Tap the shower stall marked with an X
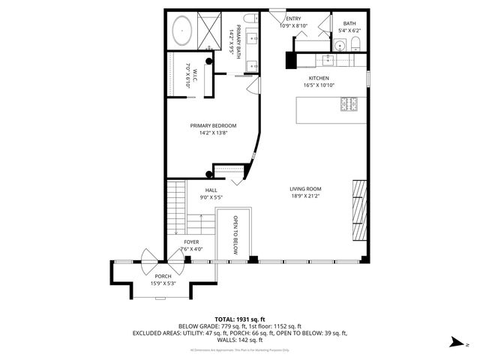pyautogui.click(x=211, y=31)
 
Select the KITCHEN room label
pyautogui.click(x=319, y=78)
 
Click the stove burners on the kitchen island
pyautogui.click(x=349, y=104)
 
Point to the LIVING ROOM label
pyautogui.click(x=305, y=189)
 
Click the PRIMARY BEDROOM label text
pyautogui.click(x=213, y=125)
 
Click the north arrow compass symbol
pyautogui.click(x=455, y=343)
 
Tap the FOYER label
pyautogui.click(x=191, y=242)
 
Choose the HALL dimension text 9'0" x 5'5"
pyautogui.click(x=211, y=197)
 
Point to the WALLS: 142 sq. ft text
pyautogui.click(x=239, y=339)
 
